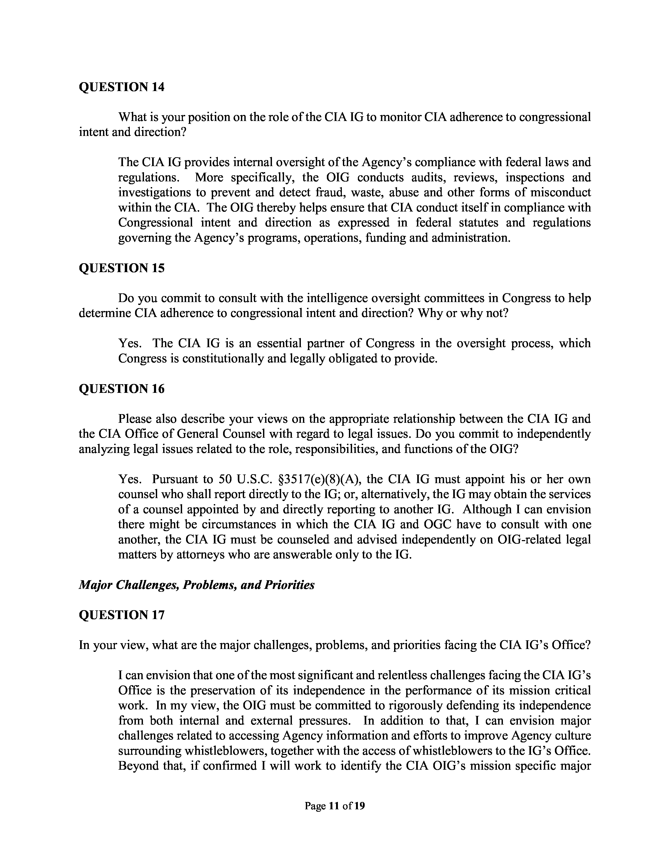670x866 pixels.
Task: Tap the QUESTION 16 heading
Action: point(121,389)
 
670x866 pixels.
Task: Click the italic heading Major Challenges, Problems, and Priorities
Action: point(197,585)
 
